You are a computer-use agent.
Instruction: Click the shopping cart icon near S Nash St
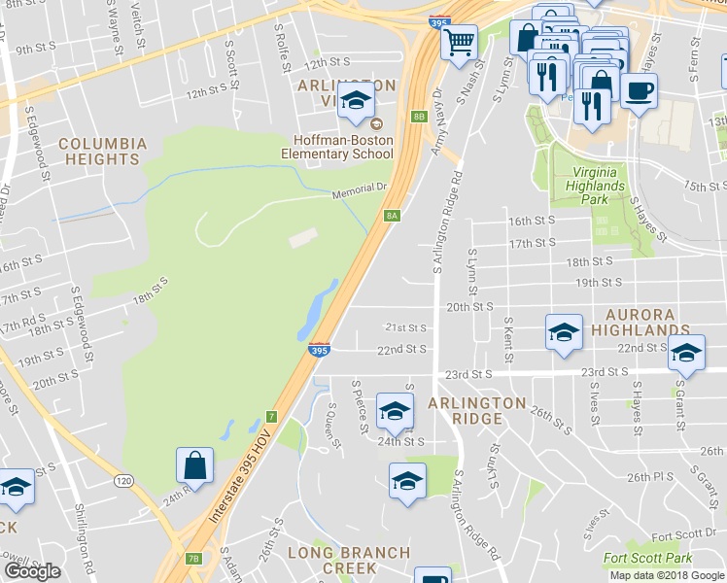click(x=459, y=41)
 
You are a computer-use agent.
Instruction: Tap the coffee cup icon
click(x=638, y=91)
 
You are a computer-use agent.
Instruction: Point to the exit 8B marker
click(x=419, y=117)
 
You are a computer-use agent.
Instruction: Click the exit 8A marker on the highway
click(x=393, y=216)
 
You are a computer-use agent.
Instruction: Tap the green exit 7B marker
click(x=193, y=558)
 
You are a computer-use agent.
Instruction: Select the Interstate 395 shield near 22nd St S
click(x=319, y=349)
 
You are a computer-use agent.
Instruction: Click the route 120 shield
click(x=123, y=481)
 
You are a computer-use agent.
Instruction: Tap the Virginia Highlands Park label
click(x=595, y=183)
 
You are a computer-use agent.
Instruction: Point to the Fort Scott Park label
click(x=647, y=558)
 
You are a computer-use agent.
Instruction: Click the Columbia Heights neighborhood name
click(x=102, y=151)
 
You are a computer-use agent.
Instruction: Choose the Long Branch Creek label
click(x=348, y=560)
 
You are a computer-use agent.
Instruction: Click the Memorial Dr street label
click(x=360, y=191)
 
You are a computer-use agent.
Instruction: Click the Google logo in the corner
click(x=32, y=571)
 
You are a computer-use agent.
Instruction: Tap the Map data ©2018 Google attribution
click(x=666, y=575)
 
